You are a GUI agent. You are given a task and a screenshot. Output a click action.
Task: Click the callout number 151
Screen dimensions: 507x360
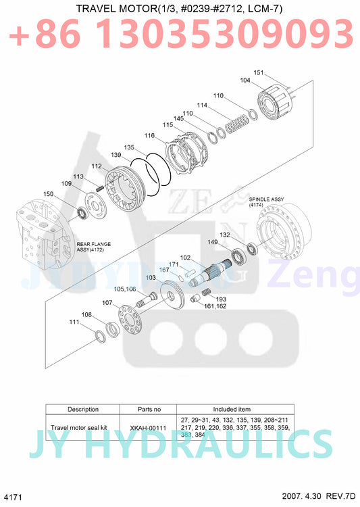point(259,72)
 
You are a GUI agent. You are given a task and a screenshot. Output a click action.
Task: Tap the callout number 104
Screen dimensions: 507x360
point(245,80)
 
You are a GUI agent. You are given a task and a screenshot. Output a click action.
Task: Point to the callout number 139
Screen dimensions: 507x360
point(116,155)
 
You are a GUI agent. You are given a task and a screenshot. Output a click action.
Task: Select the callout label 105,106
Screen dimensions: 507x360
point(126,289)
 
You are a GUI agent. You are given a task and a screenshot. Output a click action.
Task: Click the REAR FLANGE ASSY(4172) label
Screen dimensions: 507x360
point(93,246)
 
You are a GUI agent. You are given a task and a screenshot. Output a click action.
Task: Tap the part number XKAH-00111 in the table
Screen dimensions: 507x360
point(148,428)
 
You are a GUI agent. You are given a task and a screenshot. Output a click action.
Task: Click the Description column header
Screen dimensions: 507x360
point(82,409)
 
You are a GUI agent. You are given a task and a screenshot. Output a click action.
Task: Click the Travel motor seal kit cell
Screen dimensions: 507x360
point(82,428)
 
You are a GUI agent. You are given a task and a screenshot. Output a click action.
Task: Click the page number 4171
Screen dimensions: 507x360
point(14,497)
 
